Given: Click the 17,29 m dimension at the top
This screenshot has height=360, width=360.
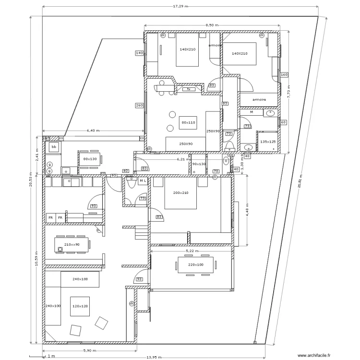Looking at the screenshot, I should click(x=180, y=7).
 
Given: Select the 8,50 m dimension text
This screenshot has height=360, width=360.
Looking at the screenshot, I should click(x=212, y=25).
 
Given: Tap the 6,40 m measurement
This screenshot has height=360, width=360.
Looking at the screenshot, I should click(x=94, y=130).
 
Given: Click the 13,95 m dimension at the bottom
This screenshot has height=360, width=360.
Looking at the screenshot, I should click(x=154, y=357).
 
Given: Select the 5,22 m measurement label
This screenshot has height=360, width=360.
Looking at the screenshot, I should click(x=192, y=251).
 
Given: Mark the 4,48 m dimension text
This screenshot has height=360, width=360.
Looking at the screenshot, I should click(x=246, y=210).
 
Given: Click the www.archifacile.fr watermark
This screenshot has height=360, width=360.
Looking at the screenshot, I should click(x=314, y=356).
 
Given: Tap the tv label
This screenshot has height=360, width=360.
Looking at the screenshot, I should click(x=189, y=89).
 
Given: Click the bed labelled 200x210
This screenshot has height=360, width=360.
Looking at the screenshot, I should click(x=180, y=193).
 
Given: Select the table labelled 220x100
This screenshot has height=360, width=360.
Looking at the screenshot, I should click(x=195, y=265).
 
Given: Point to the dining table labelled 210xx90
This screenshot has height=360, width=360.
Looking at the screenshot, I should click(x=72, y=244).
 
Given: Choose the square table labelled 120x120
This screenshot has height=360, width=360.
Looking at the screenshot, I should click(x=80, y=306).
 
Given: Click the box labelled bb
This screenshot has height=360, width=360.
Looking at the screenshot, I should click(x=54, y=146).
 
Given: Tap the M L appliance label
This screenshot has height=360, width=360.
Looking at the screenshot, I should click(x=143, y=181).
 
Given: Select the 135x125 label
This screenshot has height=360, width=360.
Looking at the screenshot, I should click(x=267, y=142).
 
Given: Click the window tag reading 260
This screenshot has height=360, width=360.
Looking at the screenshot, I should click(x=139, y=106).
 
